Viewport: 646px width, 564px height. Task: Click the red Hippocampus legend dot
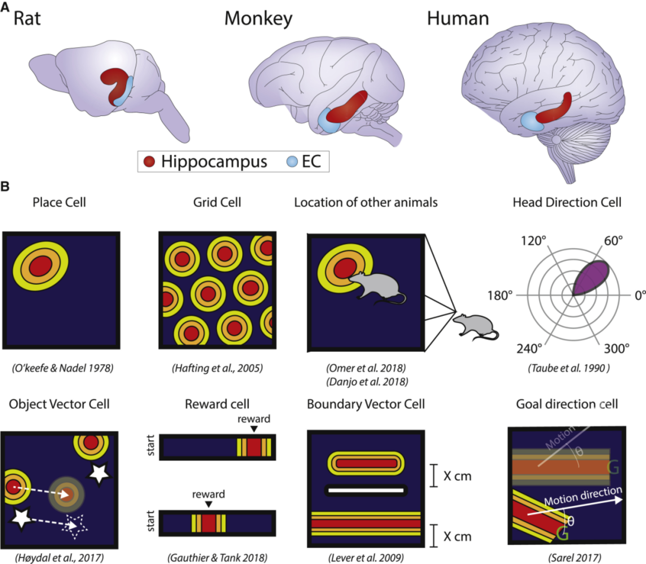pyautogui.click(x=149, y=162)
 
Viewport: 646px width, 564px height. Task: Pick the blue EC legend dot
pyautogui.click(x=292, y=162)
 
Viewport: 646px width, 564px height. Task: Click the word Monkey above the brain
pyautogui.click(x=258, y=19)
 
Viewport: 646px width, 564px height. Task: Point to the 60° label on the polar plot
pyautogui.click(x=613, y=241)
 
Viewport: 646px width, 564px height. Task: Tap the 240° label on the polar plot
pyautogui.click(x=529, y=349)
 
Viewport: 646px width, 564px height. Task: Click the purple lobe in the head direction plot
pyautogui.click(x=593, y=276)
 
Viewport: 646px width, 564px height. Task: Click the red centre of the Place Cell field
pyautogui.click(x=40, y=267)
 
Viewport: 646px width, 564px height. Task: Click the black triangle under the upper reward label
pyautogui.click(x=254, y=429)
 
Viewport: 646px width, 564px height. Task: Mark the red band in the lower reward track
pyautogui.click(x=209, y=523)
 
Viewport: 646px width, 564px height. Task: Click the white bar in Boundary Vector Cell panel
pyautogui.click(x=366, y=490)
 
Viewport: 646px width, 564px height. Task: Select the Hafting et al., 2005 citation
pyautogui.click(x=217, y=368)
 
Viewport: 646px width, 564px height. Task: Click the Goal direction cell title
pyautogui.click(x=567, y=404)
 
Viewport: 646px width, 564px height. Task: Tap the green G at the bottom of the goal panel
pyautogui.click(x=562, y=534)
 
